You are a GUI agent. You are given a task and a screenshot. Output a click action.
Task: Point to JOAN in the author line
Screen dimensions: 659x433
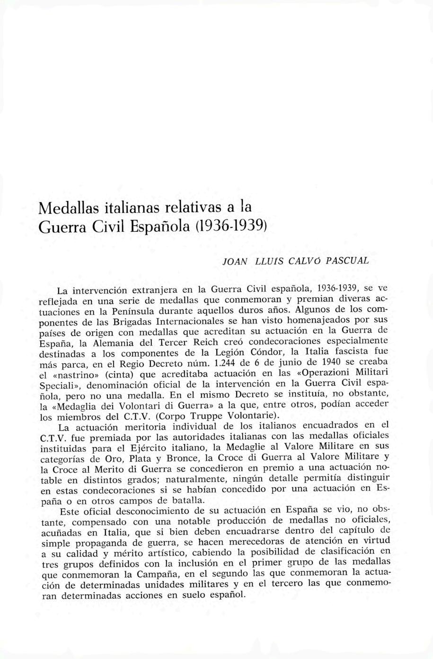234,261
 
